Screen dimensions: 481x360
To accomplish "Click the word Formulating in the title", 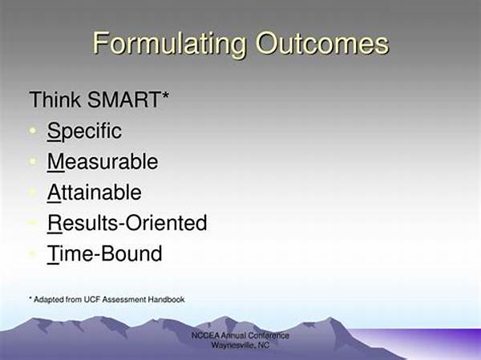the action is (x=170, y=44).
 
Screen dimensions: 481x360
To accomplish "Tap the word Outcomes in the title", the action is (x=322, y=43).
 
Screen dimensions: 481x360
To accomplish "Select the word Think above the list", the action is (x=55, y=99).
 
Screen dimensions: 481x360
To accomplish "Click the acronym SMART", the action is (x=123, y=99).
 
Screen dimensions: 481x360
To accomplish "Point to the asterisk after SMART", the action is (x=165, y=95).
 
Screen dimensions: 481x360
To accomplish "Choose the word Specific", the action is (x=84, y=131).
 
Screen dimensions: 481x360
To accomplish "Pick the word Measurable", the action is (x=103, y=161).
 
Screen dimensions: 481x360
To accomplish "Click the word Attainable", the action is (x=95, y=192).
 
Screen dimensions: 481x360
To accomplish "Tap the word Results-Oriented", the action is (x=127, y=223).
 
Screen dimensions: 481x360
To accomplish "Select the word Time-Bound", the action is (x=104, y=253).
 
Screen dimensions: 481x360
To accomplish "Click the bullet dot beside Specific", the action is (x=32, y=131).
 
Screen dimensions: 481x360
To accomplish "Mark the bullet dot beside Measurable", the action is (x=32, y=161).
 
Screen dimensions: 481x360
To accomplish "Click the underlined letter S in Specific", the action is (x=54, y=131).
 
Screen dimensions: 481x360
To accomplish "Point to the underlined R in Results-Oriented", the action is (x=55, y=224).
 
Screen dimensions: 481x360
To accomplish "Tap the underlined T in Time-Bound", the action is (x=53, y=254).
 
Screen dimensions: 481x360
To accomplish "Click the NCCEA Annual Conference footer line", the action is (x=240, y=335).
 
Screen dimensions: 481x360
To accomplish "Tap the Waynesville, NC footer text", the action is (x=240, y=345).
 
